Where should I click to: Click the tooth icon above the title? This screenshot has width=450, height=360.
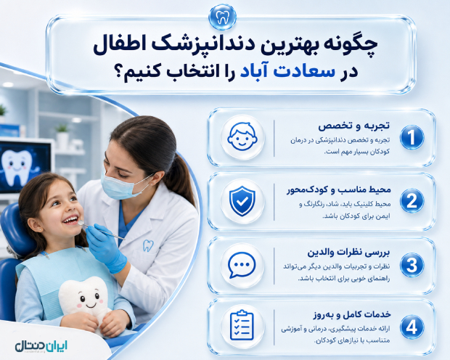point(222,17)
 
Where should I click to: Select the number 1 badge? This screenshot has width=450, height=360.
point(412,137)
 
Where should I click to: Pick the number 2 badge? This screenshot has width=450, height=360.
point(412,200)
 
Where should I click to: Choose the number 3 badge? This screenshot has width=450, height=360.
point(412,265)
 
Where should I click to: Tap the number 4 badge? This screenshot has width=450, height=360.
point(412,327)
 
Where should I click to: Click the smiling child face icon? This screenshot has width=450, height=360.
point(242,136)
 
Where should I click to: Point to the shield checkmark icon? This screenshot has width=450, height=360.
point(242,201)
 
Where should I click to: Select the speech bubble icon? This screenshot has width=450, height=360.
point(242,265)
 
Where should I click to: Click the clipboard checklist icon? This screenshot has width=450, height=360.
point(242,326)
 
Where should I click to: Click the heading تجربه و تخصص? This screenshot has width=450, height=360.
point(354,126)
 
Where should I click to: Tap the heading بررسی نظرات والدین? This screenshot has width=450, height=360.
point(348,253)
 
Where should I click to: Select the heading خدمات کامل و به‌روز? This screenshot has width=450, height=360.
point(352,315)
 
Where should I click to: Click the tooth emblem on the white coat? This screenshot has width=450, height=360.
point(148,246)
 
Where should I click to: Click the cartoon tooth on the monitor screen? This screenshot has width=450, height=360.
point(17,167)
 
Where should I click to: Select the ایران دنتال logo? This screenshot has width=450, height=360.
point(41,346)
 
